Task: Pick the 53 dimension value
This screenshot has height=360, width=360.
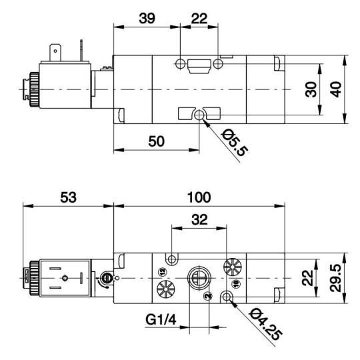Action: click(x=68, y=197)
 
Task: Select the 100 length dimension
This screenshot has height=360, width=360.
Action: click(x=199, y=197)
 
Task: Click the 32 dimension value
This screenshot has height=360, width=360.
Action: click(x=199, y=218)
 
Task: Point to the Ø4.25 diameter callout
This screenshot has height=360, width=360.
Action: click(x=265, y=323)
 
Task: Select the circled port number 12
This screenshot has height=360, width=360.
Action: click(x=161, y=271)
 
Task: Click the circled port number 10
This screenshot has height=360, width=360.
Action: click(x=235, y=283)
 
